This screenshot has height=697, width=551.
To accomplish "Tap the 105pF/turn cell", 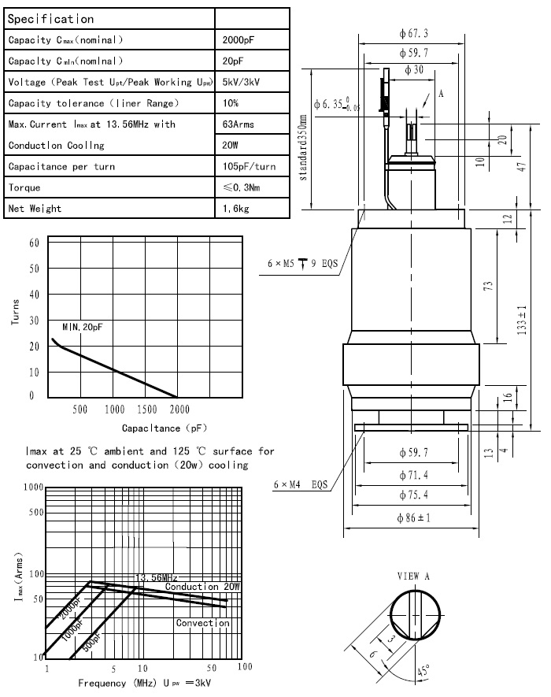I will (250, 167).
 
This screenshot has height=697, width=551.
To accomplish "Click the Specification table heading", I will (50, 18).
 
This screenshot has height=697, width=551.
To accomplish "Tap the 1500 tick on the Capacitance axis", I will (146, 410).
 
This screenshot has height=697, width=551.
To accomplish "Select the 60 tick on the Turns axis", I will (33, 243).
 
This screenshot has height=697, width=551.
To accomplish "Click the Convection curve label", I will (202, 623).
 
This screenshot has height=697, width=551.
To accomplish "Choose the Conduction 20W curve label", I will (202, 587).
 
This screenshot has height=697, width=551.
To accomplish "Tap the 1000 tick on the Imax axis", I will (32, 488).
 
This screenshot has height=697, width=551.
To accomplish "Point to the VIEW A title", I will (413, 576).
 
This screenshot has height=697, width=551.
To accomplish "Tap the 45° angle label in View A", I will (423, 672).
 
